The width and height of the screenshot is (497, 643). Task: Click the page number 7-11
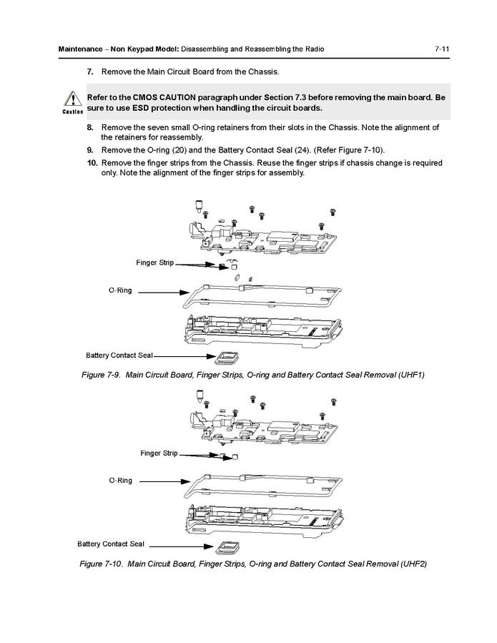tap(441, 49)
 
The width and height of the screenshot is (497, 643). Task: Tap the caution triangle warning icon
tap(72, 99)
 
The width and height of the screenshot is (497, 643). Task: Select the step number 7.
tap(90, 72)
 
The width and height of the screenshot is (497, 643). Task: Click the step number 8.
tap(90, 127)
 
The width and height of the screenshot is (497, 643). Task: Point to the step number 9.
tap(90, 150)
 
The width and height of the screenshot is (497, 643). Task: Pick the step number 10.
tap(92, 162)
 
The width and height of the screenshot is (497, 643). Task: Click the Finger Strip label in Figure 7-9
tap(154, 262)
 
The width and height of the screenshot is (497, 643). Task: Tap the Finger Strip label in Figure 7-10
tap(159, 453)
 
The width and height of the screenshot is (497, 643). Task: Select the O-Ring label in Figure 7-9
tap(120, 290)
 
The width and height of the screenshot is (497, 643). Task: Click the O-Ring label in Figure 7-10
tap(120, 481)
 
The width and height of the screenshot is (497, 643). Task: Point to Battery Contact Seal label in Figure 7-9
tap(119, 355)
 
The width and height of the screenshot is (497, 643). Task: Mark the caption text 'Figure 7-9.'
tap(101, 375)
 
